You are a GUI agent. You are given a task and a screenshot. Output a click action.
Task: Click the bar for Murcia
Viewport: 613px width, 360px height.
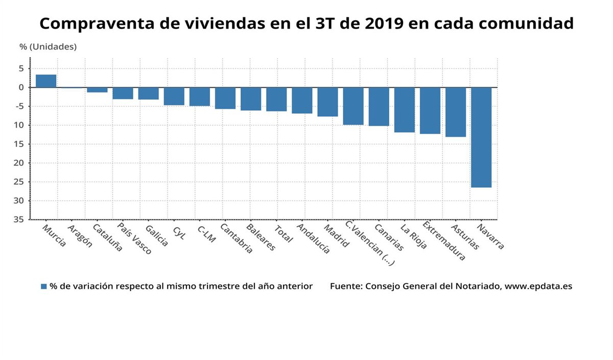point(46,81)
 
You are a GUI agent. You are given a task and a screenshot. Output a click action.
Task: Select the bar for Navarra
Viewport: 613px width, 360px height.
point(481,137)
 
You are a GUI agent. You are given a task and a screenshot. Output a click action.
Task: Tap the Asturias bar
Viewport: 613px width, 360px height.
point(456,112)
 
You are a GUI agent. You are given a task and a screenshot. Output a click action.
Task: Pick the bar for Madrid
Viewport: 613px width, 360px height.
point(327,102)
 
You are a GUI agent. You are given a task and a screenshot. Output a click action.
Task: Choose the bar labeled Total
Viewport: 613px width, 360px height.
point(276,99)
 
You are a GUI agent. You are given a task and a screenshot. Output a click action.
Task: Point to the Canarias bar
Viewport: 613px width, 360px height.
point(379,106)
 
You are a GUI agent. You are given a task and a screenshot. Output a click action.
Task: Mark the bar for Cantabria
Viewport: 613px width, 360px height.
point(225,98)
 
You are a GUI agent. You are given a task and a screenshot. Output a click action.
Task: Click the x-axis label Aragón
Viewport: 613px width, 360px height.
point(80,236)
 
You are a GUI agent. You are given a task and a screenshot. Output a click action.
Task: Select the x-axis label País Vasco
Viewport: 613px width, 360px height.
point(134,238)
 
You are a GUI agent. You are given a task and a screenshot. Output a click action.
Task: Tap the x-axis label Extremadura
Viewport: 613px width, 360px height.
point(443,241)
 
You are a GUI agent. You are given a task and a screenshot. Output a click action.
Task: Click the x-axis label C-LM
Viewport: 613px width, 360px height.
point(206,233)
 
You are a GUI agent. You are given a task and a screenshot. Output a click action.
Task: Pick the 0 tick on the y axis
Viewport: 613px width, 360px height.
point(21,87)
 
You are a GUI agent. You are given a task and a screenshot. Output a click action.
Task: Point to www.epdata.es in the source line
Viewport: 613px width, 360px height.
point(538,286)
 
